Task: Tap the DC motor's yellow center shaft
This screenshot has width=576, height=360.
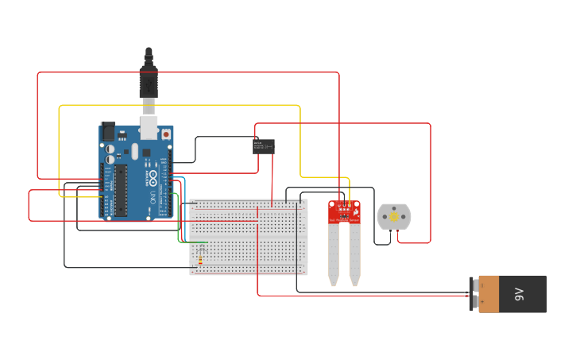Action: pos(393,216)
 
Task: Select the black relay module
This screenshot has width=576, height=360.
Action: pos(264,146)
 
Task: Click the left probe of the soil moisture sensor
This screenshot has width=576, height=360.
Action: pos(334,254)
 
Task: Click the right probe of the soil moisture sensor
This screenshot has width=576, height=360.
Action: pos(354,254)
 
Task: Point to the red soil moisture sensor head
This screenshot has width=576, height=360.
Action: pos(344,211)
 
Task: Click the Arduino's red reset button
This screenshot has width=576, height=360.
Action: pos(165,134)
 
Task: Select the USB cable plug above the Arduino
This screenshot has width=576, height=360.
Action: pos(149,79)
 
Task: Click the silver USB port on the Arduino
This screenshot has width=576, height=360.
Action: pos(149,127)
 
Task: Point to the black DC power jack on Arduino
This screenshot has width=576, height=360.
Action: pos(106,131)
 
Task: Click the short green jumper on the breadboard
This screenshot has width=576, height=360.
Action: pos(198,242)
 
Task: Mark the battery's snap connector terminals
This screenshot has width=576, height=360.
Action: pos(474,294)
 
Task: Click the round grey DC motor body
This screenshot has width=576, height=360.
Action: pos(393,216)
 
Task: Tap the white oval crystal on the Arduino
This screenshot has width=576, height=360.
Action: pos(135,151)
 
